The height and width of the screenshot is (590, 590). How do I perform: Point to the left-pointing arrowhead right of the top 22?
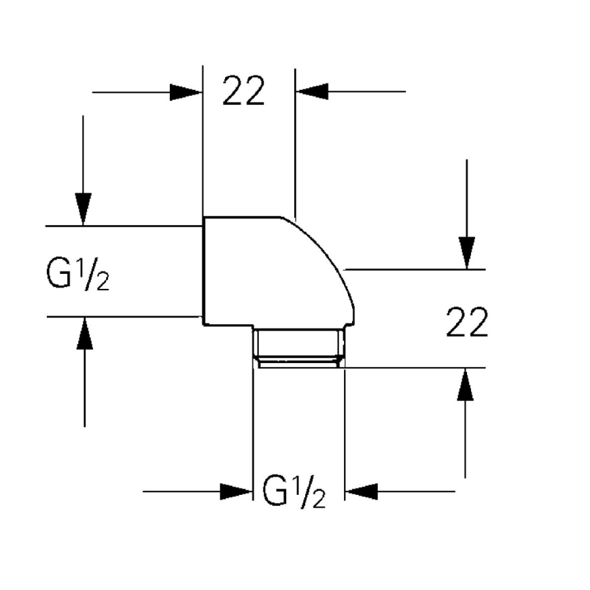click(312, 91)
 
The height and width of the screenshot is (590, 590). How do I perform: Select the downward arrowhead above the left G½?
click(83, 209)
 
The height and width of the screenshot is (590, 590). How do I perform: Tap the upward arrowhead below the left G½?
click(84, 334)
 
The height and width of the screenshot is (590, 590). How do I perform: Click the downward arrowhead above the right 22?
click(466, 252)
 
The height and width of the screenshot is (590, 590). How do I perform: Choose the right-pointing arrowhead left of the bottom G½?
click(236, 491)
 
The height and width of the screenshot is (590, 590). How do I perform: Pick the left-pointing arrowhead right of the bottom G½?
click(362, 491)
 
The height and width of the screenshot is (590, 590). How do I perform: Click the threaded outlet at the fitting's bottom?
click(298, 347)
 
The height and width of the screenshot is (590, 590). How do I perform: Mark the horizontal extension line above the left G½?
click(122, 226)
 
